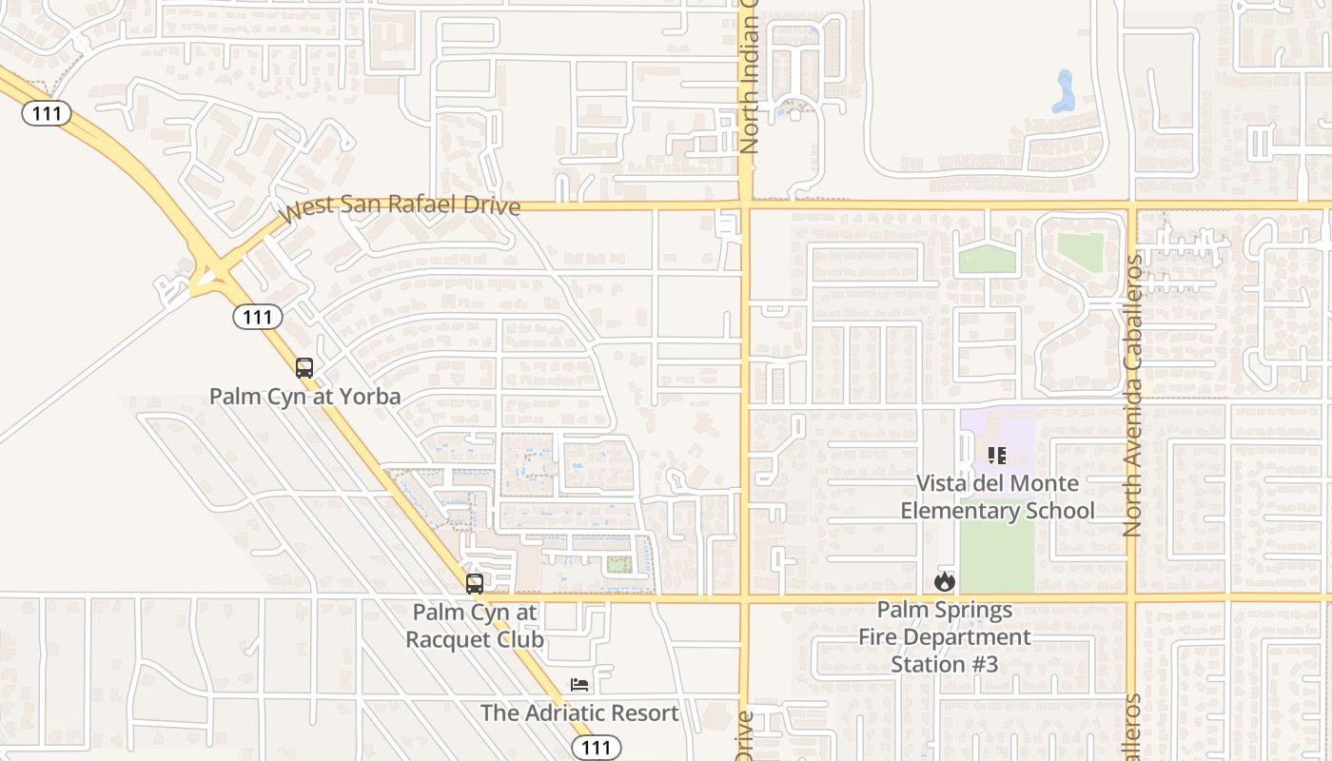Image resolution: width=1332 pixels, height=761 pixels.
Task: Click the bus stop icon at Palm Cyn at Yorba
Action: pyautogui.click(x=304, y=368)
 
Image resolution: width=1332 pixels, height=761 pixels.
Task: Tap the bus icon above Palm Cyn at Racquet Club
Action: pyautogui.click(x=475, y=584)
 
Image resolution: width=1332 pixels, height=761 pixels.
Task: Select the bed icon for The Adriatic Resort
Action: pyautogui.click(x=579, y=685)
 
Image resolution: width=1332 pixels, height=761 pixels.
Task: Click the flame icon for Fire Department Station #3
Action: pyautogui.click(x=944, y=581)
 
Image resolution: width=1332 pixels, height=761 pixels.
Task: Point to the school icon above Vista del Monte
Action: pyautogui.click(x=996, y=456)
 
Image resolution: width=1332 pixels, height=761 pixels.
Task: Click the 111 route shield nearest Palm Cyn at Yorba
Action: pyautogui.click(x=258, y=317)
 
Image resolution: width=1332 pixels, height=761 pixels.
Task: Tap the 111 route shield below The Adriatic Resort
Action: pyautogui.click(x=597, y=748)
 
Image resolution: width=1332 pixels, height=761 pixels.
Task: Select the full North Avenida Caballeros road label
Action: pyautogui.click(x=1132, y=396)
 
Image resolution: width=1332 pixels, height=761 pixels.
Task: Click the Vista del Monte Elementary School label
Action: pyautogui.click(x=997, y=497)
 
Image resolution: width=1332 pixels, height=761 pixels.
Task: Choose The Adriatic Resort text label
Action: pyautogui.click(x=579, y=712)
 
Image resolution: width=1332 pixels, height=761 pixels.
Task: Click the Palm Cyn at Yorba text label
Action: pyautogui.click(x=305, y=396)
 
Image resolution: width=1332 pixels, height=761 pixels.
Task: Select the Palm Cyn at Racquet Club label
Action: pyautogui.click(x=475, y=626)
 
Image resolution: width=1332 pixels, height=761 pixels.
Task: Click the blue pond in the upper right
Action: pyautogui.click(x=1064, y=92)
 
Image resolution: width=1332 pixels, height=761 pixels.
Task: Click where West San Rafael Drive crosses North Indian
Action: pyautogui.click(x=745, y=205)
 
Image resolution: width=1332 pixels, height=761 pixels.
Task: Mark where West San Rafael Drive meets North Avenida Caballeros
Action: pyautogui.click(x=1132, y=205)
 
